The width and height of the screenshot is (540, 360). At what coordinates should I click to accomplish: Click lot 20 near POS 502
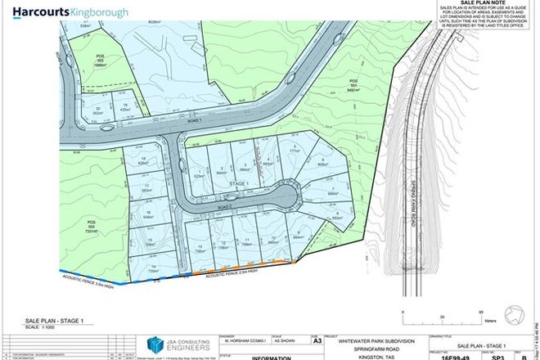pos(97,110)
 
